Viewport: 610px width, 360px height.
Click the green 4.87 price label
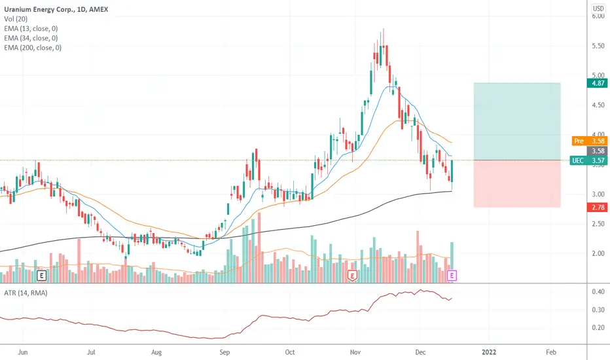click(597, 83)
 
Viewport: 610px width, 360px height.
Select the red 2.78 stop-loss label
click(597, 207)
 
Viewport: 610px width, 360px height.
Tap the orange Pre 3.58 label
click(590, 141)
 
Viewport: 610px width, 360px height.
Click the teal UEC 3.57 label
click(588, 160)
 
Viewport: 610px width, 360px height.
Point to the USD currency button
click(598, 9)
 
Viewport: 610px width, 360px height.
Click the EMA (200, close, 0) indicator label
click(33, 48)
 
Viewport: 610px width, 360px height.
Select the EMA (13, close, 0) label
click(31, 28)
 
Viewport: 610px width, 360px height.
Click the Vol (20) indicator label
click(16, 19)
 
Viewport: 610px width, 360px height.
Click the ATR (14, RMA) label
click(26, 293)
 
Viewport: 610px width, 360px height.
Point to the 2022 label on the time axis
click(489, 352)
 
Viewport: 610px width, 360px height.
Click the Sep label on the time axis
click(224, 352)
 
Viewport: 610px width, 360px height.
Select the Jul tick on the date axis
click(90, 352)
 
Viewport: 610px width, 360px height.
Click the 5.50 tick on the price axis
click(598, 46)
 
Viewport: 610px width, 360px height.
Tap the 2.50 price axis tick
click(598, 224)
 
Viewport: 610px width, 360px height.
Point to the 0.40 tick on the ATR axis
click(598, 291)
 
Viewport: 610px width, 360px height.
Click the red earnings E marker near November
click(352, 276)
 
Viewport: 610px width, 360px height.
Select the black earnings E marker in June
click(41, 276)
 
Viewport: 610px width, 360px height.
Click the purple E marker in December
click(452, 276)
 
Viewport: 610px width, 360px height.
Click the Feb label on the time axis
click(551, 352)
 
